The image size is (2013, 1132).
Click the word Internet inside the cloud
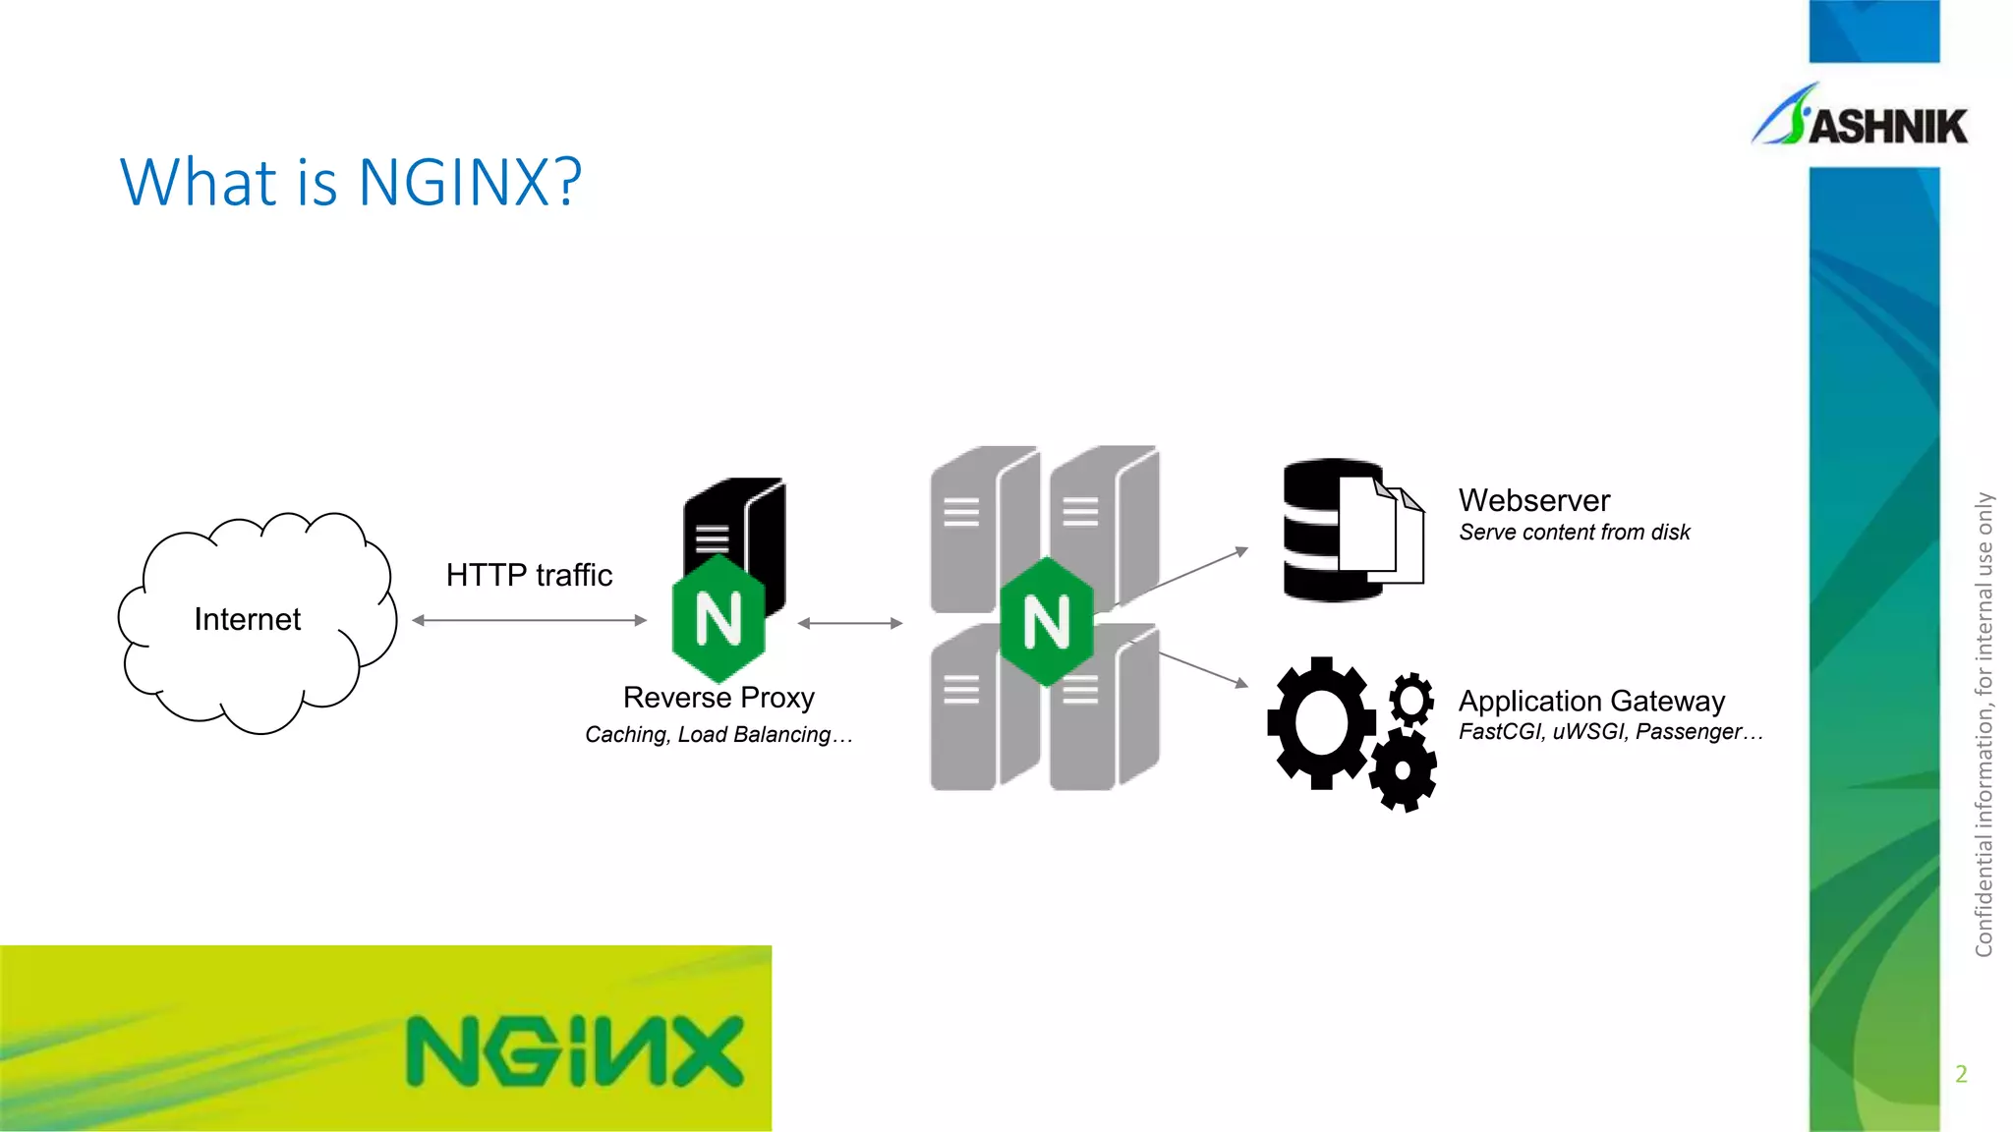[x=247, y=619]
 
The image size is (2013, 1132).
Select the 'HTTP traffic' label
[x=529, y=575]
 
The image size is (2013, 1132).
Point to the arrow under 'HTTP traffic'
[x=529, y=620]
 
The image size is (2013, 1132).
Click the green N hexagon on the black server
[x=719, y=619]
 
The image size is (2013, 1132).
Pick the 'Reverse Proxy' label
[x=719, y=697]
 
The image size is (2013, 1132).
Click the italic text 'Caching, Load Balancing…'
[x=719, y=734]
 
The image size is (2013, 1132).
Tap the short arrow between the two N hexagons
[x=849, y=623]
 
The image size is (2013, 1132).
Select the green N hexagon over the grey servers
[x=1047, y=622]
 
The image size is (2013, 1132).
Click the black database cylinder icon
[x=1317, y=531]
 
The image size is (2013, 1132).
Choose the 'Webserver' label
[x=1534, y=500]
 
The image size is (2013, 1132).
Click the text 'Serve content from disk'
[x=1574, y=533]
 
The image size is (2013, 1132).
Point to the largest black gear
[x=1321, y=722]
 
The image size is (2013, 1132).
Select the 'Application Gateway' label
[x=1591, y=701]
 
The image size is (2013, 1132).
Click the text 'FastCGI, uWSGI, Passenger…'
[x=1610, y=732]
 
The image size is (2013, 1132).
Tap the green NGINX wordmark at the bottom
[x=575, y=1051]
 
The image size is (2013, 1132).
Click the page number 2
[x=1961, y=1074]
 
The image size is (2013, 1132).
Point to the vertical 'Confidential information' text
[x=1984, y=724]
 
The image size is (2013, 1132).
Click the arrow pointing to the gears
[x=1203, y=668]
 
